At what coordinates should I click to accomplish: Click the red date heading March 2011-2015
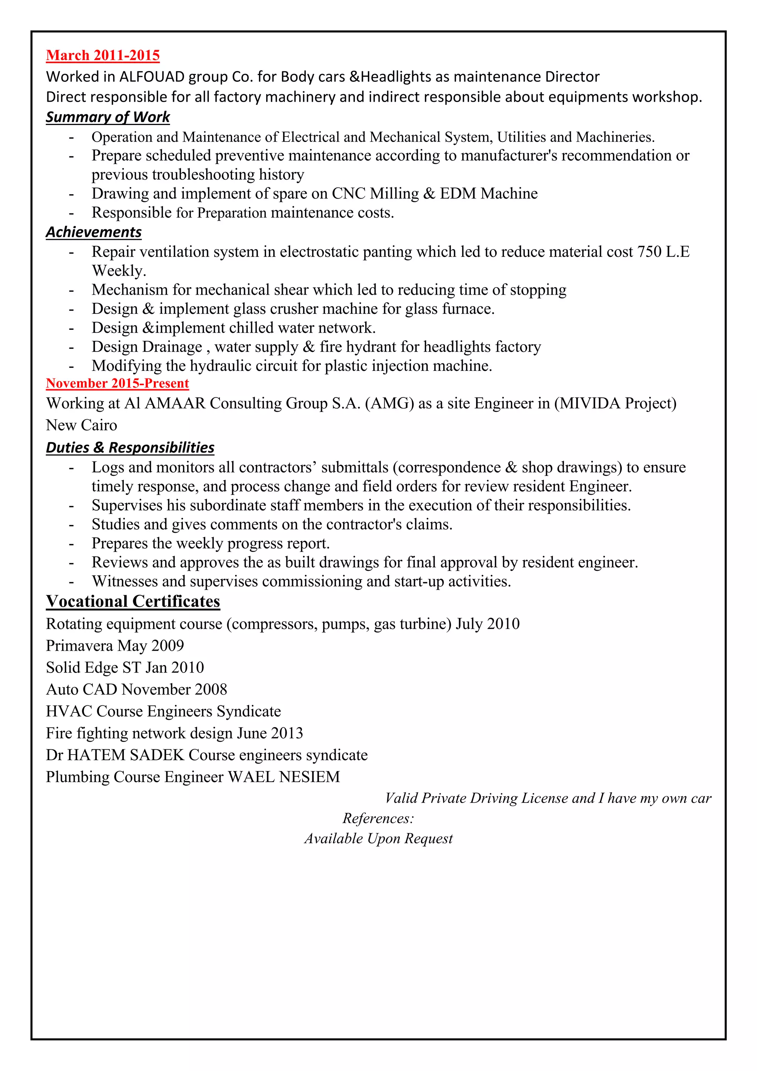[x=103, y=55]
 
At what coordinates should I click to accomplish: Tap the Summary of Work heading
[x=108, y=117]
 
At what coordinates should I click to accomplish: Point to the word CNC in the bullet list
[x=348, y=194]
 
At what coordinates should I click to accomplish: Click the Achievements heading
[x=94, y=232]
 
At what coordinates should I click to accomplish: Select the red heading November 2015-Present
[x=117, y=383]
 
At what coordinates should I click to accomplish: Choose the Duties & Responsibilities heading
[x=130, y=448]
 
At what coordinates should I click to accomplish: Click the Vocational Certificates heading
[x=133, y=602]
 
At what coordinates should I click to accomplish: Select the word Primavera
[x=79, y=646]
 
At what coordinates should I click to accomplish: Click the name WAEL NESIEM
[x=284, y=777]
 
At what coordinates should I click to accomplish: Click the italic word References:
[x=378, y=818]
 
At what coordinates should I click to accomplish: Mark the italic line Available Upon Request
[x=378, y=839]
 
